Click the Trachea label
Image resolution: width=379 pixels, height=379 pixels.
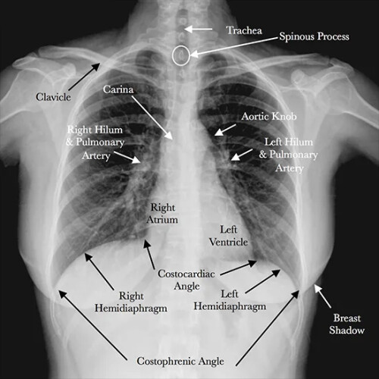click(244, 30)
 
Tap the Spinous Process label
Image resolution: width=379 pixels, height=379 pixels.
click(314, 36)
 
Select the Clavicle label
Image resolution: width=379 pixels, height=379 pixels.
click(53, 97)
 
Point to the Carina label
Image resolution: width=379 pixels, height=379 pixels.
click(118, 89)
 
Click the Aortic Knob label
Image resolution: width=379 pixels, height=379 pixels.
click(269, 117)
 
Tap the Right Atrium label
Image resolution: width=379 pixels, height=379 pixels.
click(162, 214)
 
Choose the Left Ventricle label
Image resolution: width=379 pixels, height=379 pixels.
click(228, 236)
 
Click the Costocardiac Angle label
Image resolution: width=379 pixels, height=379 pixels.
click(186, 280)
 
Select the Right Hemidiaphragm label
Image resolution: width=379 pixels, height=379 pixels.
click(131, 302)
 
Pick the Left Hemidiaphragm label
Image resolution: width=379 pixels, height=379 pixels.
click(230, 300)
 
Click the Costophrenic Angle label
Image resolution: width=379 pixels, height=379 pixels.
click(180, 362)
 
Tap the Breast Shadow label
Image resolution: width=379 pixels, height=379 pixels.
click(346, 324)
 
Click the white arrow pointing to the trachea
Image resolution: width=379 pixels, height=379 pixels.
click(198, 29)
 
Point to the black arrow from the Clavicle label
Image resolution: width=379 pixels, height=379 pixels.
click(84, 77)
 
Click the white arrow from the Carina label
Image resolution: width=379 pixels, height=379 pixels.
click(152, 117)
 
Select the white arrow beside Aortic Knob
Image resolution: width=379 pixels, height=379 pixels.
click(225, 130)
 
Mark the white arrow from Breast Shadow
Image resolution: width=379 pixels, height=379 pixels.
click(323, 296)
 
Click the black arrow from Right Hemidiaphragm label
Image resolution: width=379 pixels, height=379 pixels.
click(99, 271)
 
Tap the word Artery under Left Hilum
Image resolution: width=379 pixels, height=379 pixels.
click(290, 168)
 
